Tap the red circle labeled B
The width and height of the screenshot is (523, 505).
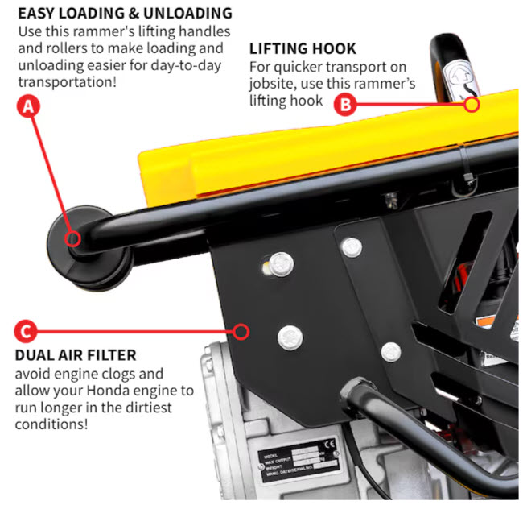[x=345, y=103]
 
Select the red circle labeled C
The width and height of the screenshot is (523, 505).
[x=26, y=330]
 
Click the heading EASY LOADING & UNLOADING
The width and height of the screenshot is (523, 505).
[x=125, y=14]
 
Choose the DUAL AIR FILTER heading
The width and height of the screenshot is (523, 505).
[x=76, y=354]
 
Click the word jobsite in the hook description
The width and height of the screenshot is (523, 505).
[x=277, y=84]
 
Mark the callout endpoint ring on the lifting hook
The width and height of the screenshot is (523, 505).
[x=472, y=103]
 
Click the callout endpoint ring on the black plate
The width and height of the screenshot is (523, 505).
[x=239, y=330]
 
